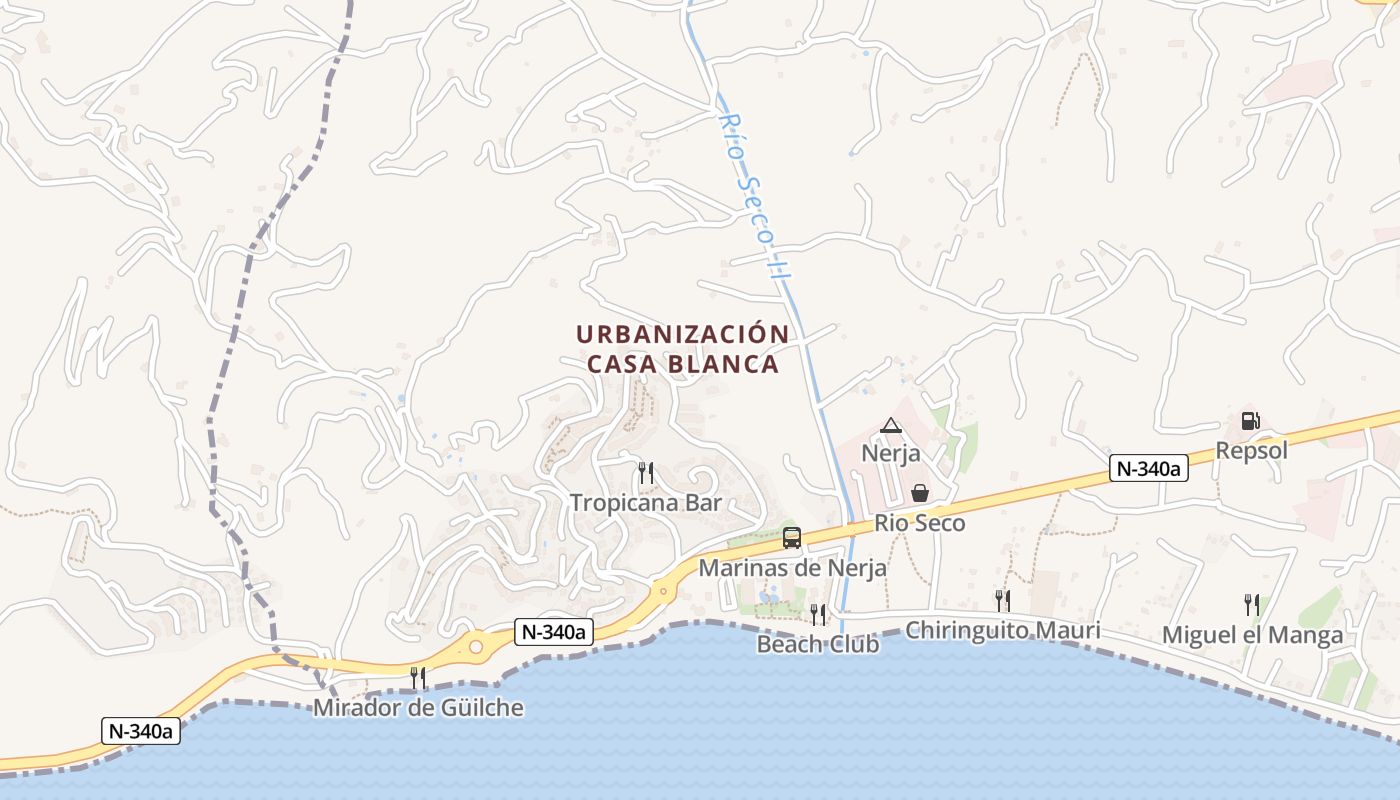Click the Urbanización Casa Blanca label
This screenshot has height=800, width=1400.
point(682,349)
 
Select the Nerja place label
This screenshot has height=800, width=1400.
point(890,453)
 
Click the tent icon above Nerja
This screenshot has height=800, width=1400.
point(891,426)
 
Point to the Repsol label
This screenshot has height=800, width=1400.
point(1251,450)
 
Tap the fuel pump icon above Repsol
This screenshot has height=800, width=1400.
point(1250,421)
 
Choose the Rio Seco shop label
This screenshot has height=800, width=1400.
point(919,522)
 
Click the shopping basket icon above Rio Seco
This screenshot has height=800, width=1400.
point(919,493)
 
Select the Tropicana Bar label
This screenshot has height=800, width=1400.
point(645,502)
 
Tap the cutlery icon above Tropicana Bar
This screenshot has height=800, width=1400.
point(646,473)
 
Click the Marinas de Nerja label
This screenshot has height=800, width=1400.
point(792,568)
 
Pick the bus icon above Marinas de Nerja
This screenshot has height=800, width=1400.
point(792,538)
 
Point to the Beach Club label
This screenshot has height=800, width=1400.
point(817,644)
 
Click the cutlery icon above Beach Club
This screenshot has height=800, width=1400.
point(817,614)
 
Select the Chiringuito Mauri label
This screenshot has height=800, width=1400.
point(1002,630)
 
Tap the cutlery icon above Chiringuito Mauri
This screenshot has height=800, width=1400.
point(1002,600)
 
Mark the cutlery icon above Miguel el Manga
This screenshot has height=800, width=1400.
point(1251,604)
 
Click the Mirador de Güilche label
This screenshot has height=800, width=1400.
point(418,708)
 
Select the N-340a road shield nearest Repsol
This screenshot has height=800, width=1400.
point(1148,468)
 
